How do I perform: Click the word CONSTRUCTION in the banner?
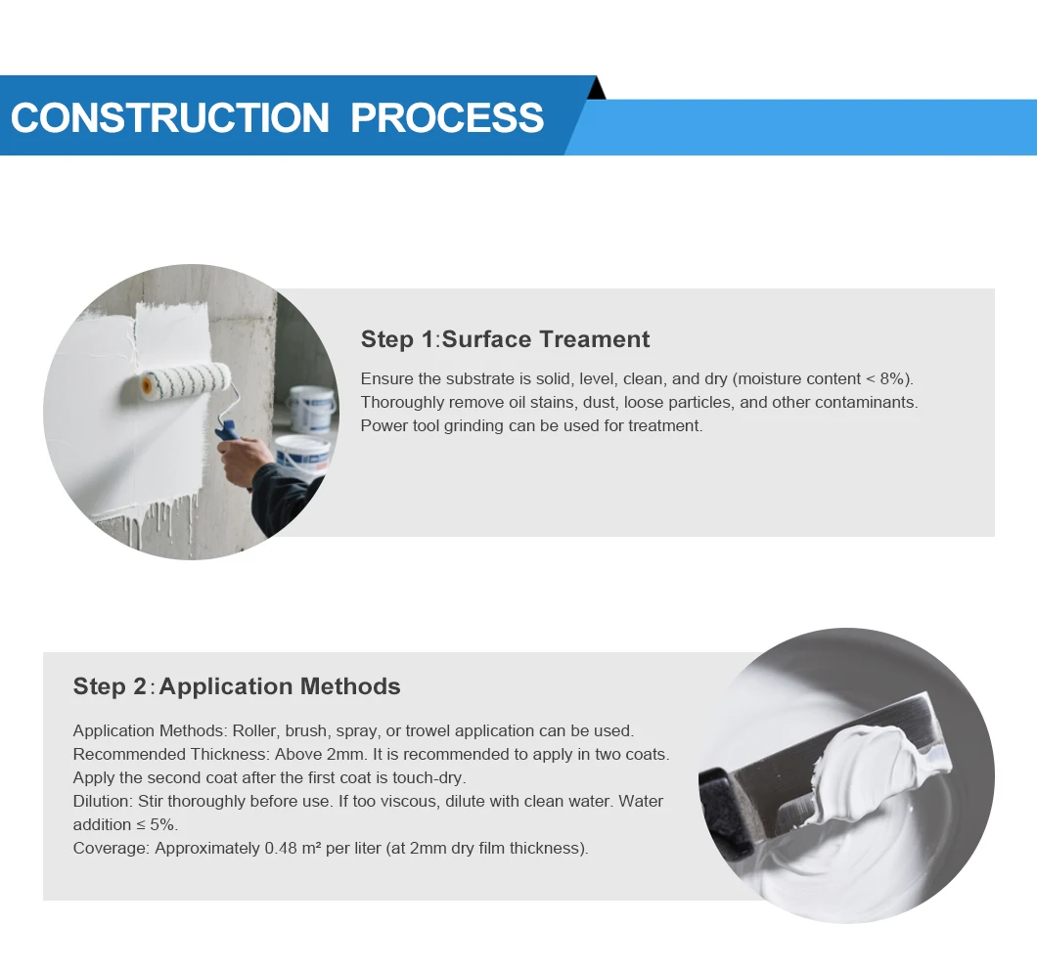coord(170,117)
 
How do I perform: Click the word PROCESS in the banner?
coord(447,117)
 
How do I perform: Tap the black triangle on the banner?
coord(597,89)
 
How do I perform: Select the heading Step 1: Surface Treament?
coord(505,339)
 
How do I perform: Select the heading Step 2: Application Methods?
coord(237,686)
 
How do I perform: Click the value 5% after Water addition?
coord(163,825)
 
